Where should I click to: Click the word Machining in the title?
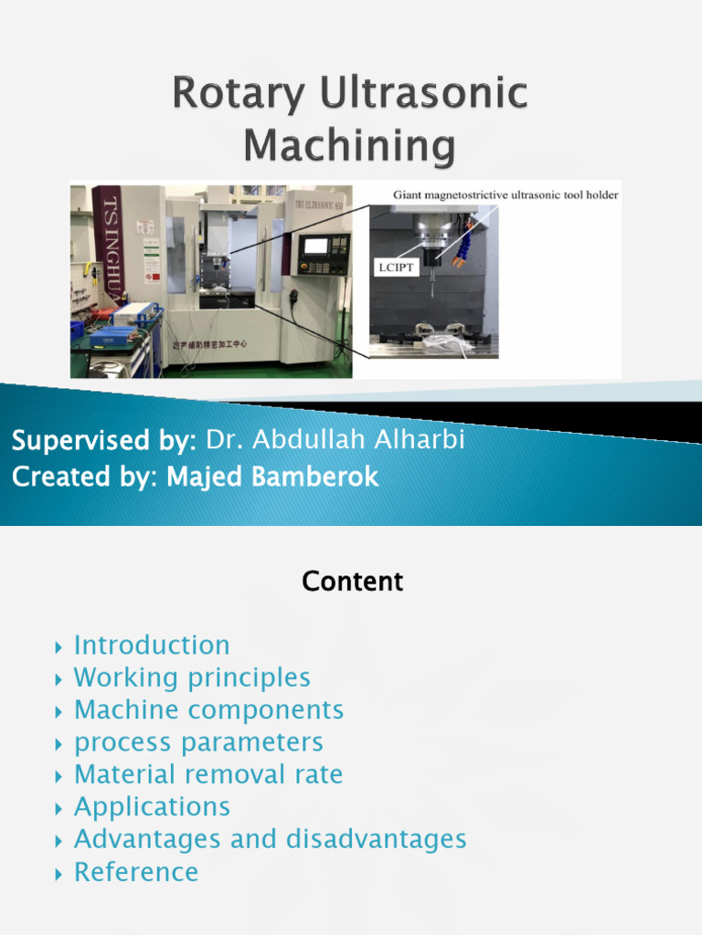[x=351, y=146]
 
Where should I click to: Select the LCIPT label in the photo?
[x=395, y=268]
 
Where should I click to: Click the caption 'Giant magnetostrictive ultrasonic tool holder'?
[x=505, y=194]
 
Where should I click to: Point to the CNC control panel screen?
[x=316, y=246]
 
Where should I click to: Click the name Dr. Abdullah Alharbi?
[x=335, y=440]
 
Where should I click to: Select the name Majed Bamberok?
[x=272, y=478]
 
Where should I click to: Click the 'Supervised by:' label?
[x=104, y=440]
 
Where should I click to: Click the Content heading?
[x=352, y=582]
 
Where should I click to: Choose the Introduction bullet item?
[x=152, y=646]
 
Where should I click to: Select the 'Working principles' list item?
[x=192, y=678]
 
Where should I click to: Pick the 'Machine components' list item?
[x=208, y=710]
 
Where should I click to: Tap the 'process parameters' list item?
[x=198, y=742]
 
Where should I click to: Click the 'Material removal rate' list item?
[x=208, y=774]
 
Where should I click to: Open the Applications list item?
[x=152, y=807]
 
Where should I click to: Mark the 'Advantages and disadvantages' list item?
[x=270, y=839]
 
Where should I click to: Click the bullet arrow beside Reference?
[x=58, y=874]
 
